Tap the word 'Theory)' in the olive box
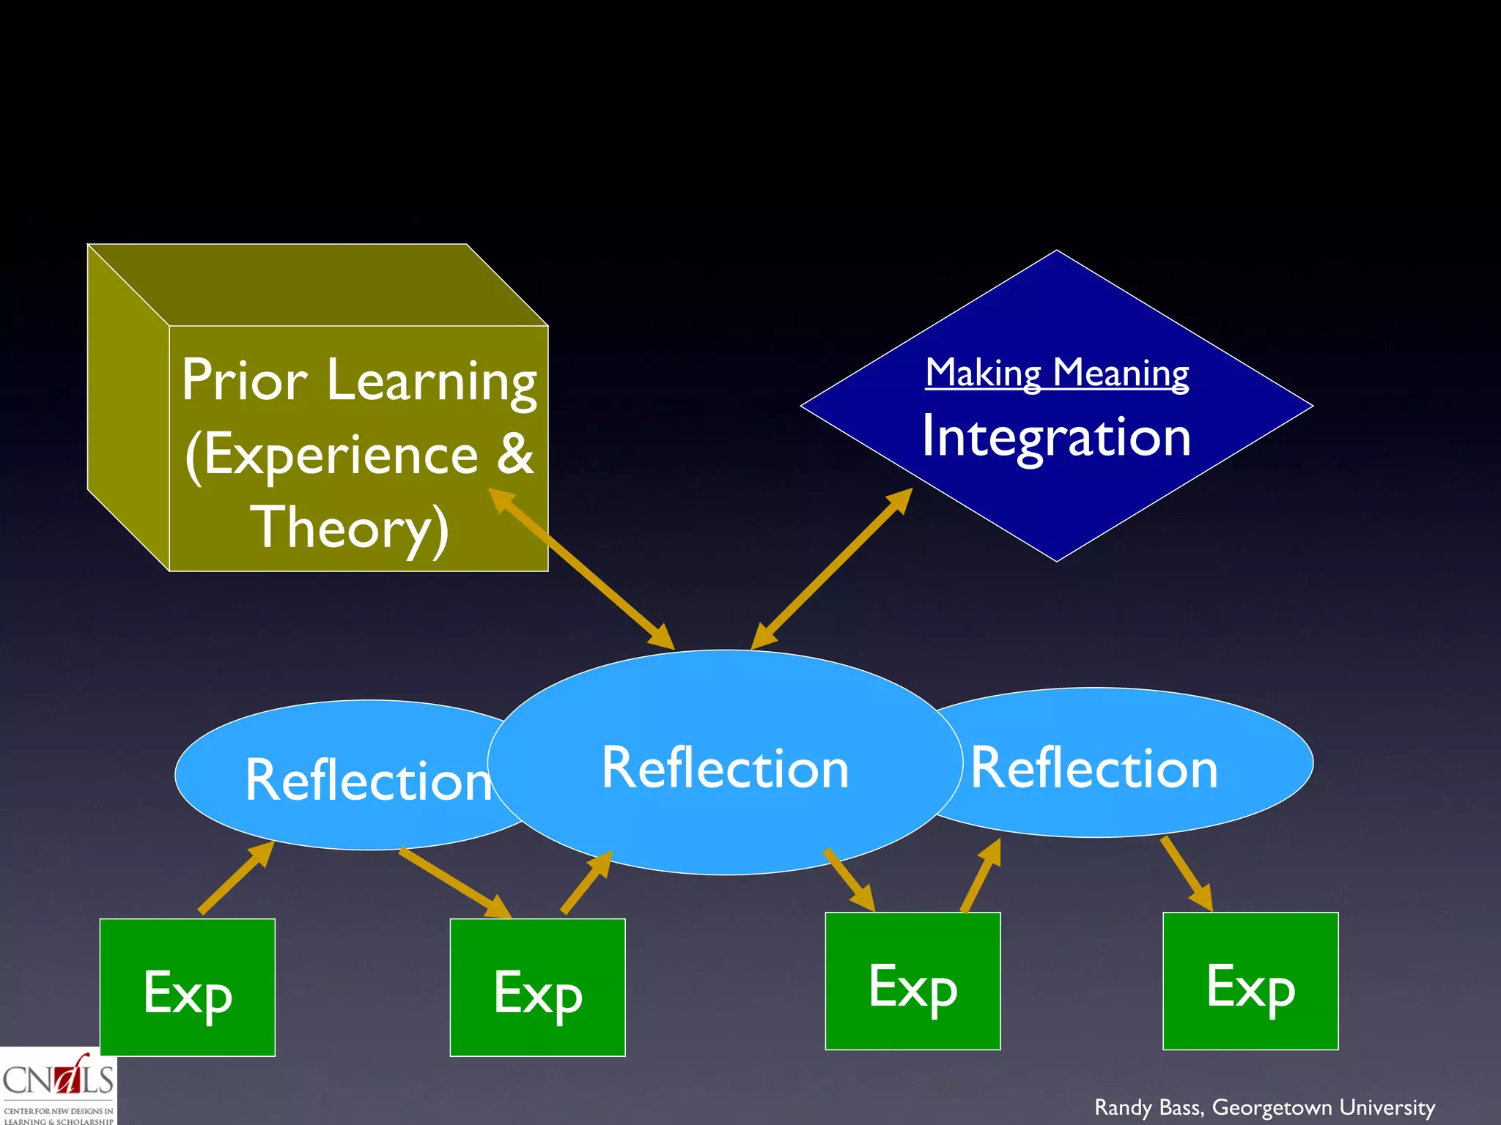[350, 527]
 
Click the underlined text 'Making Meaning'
[1056, 373]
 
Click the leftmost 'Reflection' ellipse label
[368, 781]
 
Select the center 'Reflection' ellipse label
[725, 768]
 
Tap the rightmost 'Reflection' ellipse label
[1094, 768]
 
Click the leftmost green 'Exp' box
[188, 987]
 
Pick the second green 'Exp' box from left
[537, 987]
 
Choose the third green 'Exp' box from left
[912, 981]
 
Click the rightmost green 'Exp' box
[1250, 981]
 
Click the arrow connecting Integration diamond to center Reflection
[832, 568]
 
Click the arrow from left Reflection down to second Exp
[454, 883]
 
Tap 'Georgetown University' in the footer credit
[1324, 1107]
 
